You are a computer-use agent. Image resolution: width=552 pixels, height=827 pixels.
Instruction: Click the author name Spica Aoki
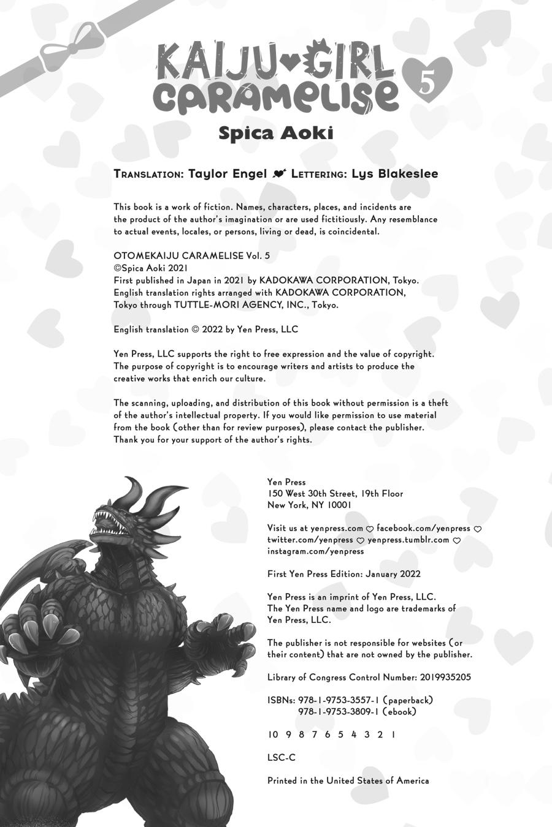pos(276,134)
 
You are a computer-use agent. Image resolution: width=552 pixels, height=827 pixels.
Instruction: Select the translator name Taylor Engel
pos(227,174)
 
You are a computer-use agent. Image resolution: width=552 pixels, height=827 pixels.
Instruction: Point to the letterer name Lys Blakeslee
pos(394,174)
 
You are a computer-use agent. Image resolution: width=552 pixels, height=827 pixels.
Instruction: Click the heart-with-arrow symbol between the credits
pos(279,175)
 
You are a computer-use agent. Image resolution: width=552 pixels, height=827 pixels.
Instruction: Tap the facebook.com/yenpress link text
pos(423,528)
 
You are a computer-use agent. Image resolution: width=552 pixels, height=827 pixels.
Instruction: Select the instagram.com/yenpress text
pos(315,551)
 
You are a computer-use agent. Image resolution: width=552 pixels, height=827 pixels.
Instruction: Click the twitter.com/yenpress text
pos(310,540)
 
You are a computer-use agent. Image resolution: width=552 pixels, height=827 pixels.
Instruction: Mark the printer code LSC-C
pos(282,757)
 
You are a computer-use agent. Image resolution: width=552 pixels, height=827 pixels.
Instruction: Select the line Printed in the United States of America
pos(348,780)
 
